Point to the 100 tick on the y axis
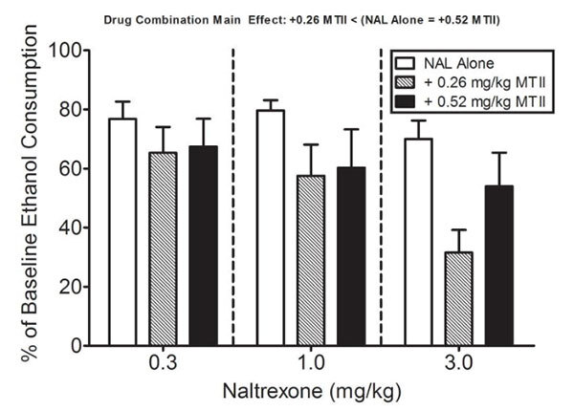click(66, 50)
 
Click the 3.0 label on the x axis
click(459, 365)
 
